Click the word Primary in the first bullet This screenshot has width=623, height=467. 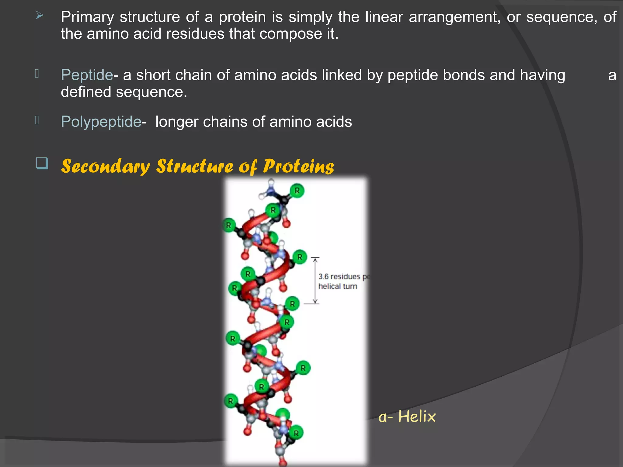pos(87,17)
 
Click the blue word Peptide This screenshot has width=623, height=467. pos(87,75)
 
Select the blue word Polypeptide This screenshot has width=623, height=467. pos(101,122)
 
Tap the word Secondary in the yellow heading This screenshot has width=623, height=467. pos(106,166)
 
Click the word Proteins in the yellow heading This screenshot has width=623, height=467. pos(298,166)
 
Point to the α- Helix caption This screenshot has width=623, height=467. pos(407,417)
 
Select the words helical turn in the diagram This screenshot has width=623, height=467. pos(338,286)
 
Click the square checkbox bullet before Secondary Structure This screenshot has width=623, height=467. pos(42,163)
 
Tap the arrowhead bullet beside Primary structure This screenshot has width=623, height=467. pos(39,15)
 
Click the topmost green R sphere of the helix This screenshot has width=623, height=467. pos(297,191)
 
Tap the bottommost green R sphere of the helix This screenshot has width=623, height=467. pos(296,433)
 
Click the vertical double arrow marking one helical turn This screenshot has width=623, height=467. pos(315,280)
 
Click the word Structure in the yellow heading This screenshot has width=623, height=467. pos(195,166)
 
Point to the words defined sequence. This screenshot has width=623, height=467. pos(124,92)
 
